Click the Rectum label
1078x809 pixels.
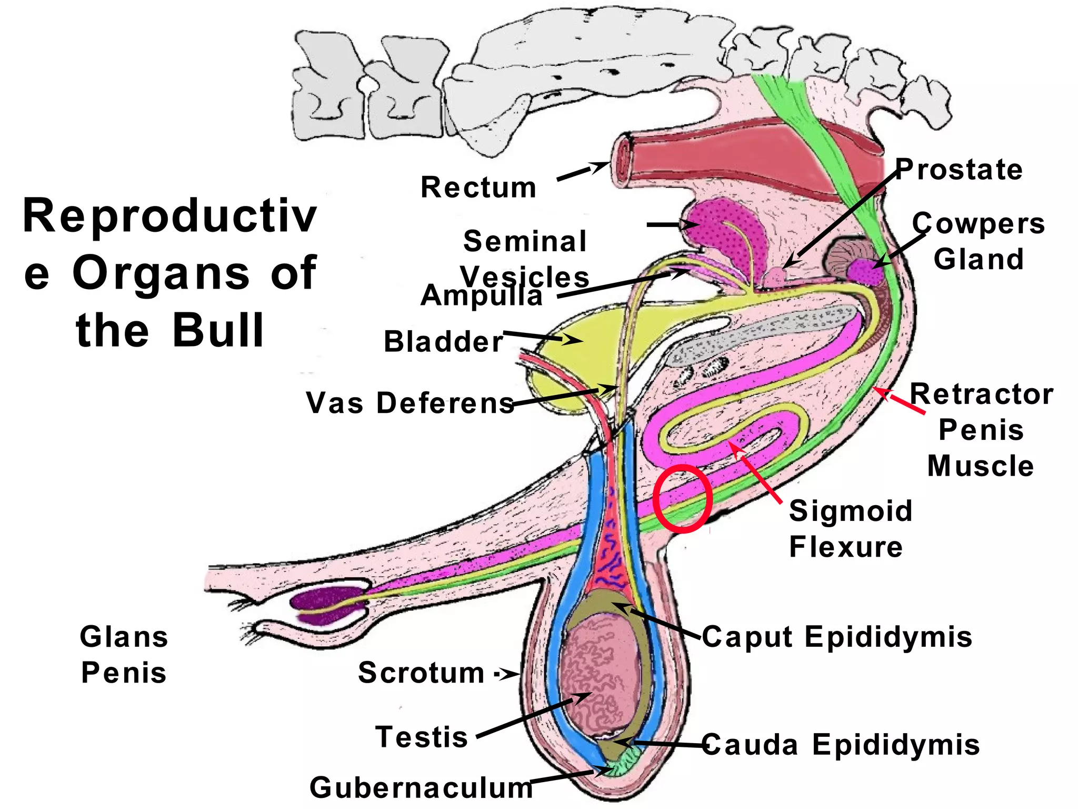click(478, 188)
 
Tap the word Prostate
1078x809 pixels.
click(959, 170)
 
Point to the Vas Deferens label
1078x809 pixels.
click(410, 403)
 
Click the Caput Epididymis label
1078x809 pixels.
click(837, 636)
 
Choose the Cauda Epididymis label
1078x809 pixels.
click(841, 745)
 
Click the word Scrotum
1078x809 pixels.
click(421, 673)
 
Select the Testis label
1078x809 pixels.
click(422, 736)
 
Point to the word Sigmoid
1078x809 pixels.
click(851, 511)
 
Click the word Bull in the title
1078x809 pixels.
click(218, 330)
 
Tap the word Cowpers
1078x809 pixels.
click(979, 223)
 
